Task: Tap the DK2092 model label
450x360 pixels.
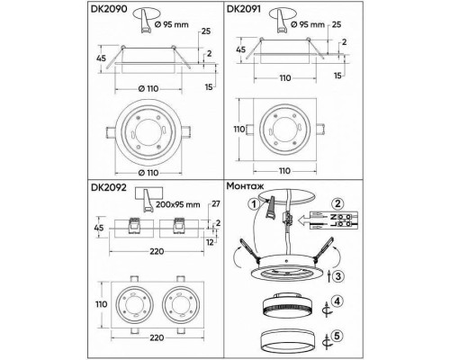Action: [x=110, y=189]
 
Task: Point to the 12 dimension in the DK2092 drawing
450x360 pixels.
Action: [x=211, y=242]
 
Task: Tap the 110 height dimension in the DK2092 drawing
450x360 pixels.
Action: [x=101, y=303]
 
